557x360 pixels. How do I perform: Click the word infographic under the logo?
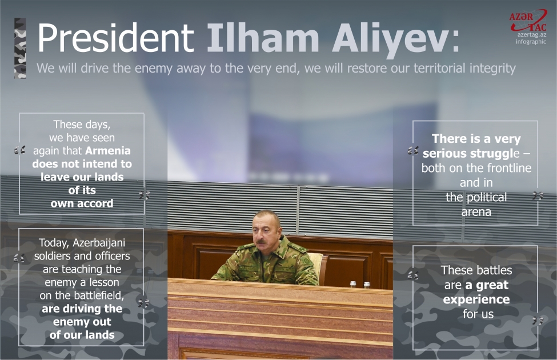click(531, 42)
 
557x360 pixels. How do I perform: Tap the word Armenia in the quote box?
click(108, 151)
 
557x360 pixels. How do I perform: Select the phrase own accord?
click(82, 203)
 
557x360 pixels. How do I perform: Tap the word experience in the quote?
click(476, 299)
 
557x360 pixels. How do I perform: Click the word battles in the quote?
click(492, 270)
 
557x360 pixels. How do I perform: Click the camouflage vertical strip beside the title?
click(21, 48)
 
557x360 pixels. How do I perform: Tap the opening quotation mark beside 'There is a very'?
click(413, 151)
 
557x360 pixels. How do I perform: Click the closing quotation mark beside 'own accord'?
click(144, 195)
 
